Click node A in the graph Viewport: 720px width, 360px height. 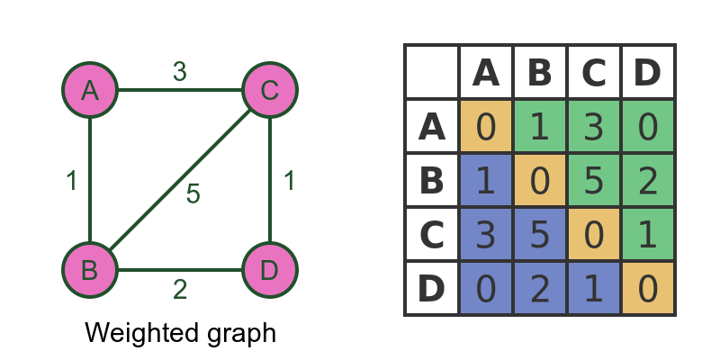(90, 90)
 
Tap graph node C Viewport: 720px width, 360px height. (270, 90)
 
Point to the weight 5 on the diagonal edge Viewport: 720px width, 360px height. (193, 193)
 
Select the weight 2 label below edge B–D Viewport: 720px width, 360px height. (180, 290)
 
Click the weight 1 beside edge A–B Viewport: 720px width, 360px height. (72, 181)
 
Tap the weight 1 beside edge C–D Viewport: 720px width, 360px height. (289, 181)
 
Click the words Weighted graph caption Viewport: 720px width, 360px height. (180, 333)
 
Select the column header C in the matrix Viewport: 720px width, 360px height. (594, 72)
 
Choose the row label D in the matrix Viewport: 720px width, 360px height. (432, 288)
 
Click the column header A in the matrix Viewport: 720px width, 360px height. (486, 72)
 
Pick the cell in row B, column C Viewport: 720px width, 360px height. (594, 180)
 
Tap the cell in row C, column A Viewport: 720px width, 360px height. (486, 234)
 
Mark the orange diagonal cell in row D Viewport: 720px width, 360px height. (648, 288)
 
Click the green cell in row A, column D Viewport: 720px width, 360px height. (648, 126)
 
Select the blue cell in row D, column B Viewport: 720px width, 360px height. (540, 288)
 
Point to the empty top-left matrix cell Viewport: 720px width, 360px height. (432, 72)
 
